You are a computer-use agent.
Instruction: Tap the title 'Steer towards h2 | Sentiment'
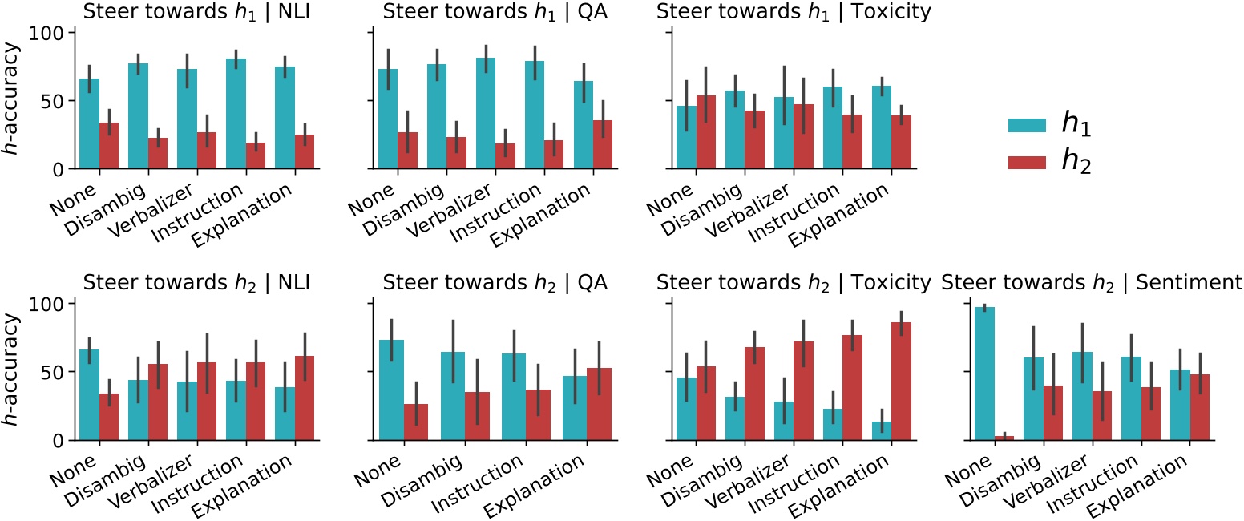pyautogui.click(x=1092, y=282)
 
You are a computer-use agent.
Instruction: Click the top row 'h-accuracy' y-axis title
pyautogui.click(x=10, y=101)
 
